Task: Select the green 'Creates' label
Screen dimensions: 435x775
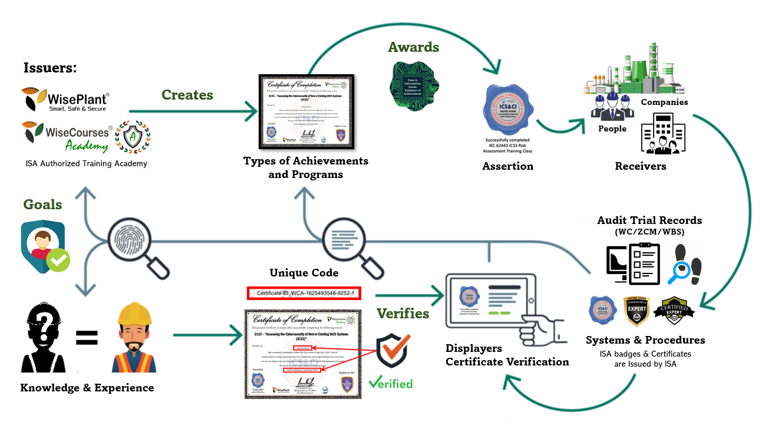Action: pos(187,95)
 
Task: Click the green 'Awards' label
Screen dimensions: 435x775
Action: pos(413,47)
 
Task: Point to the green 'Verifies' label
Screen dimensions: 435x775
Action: pos(403,314)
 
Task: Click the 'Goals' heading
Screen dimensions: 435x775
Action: pos(42,205)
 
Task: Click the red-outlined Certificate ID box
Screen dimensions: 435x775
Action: pos(304,293)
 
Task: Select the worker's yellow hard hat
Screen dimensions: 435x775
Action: pos(134,314)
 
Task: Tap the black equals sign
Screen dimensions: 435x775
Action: pos(87,338)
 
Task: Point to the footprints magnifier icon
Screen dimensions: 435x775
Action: pos(686,263)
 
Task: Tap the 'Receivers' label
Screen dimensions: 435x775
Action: pos(641,166)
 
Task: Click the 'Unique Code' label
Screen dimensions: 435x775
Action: pos(304,272)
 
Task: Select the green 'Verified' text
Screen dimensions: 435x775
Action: pos(391,383)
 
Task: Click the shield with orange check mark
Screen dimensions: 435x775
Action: pos(393,351)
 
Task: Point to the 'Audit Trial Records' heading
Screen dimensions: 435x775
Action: pos(649,220)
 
